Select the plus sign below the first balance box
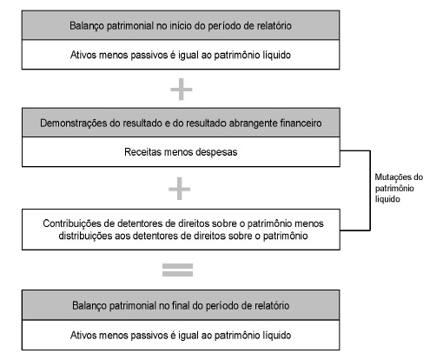coord(182,90)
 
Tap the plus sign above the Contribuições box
coord(180,189)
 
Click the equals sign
coord(177,270)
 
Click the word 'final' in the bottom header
coord(181,305)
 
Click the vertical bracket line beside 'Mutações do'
coord(370,190)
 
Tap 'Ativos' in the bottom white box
coord(83,336)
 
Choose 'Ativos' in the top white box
coord(83,55)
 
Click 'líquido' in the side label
coord(387,199)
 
